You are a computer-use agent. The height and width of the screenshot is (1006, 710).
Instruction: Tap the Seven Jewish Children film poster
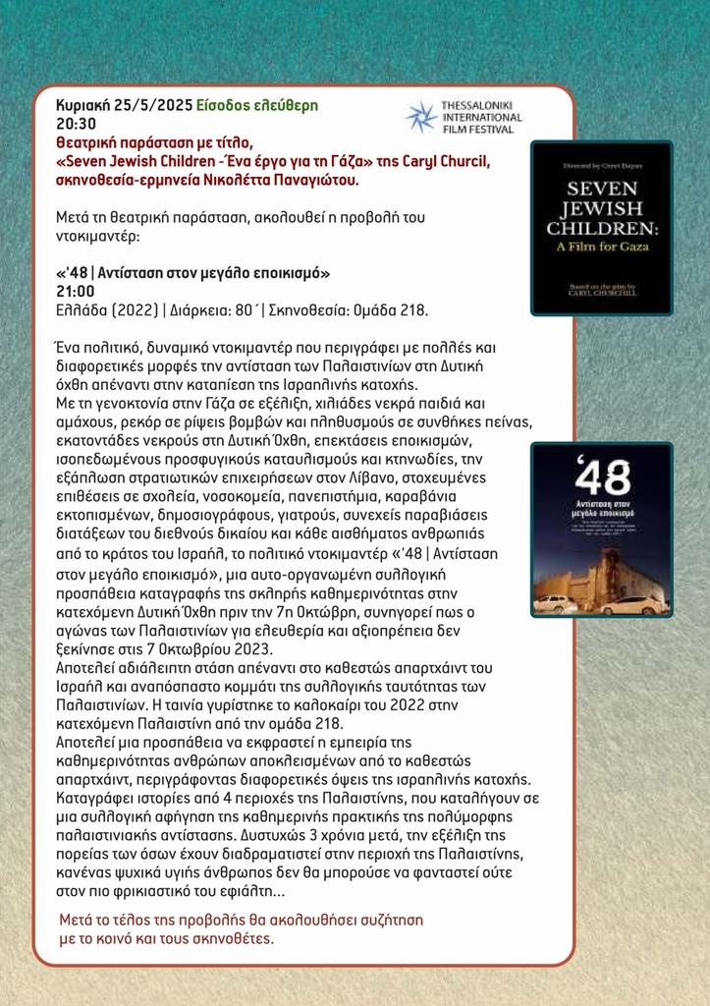click(x=601, y=228)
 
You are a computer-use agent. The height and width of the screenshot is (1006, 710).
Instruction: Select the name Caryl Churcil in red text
click(x=438, y=161)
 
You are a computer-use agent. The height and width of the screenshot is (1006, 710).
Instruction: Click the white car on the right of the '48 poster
click(x=632, y=605)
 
